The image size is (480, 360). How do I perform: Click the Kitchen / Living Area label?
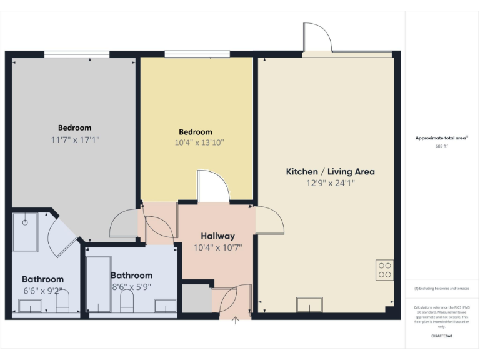(330, 171)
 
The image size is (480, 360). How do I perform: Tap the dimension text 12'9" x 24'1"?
(330, 184)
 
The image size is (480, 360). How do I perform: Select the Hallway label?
(217, 236)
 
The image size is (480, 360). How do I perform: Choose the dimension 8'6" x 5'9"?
(131, 287)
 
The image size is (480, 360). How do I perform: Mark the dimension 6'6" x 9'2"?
(42, 291)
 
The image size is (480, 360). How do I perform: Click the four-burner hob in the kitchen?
(385, 270)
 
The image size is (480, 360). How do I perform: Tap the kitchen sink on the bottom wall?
(309, 305)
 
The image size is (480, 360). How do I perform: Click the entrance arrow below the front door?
(236, 322)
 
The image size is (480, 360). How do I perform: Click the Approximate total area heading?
(441, 138)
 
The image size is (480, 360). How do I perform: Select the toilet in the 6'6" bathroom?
(62, 304)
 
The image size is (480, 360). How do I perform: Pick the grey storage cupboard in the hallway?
(196, 299)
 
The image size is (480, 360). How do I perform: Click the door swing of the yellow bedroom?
(212, 187)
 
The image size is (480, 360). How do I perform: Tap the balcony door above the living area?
(316, 39)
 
